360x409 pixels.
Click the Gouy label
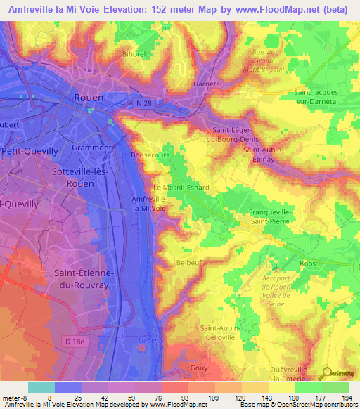click(x=200, y=368)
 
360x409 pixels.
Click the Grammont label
click(x=91, y=148)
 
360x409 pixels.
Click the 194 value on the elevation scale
click(x=345, y=398)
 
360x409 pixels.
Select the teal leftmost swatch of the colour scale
click(x=41, y=387)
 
